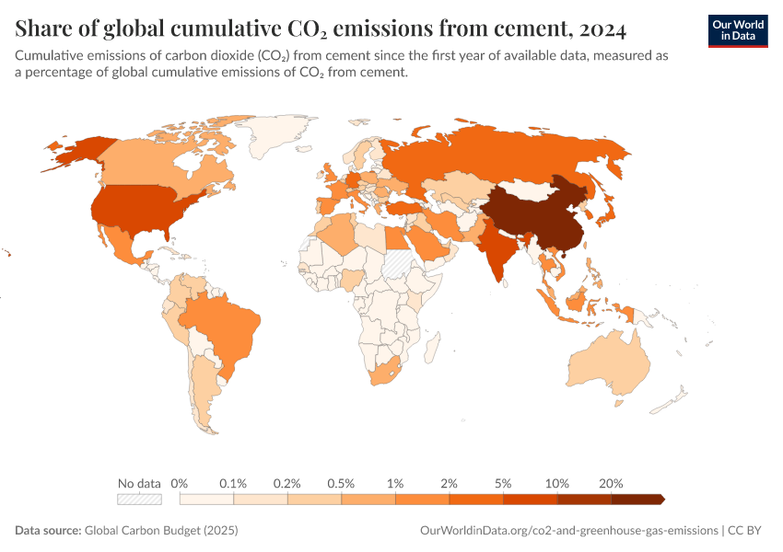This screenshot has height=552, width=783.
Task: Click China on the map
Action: [543, 216]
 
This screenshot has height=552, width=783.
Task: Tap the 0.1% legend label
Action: [234, 483]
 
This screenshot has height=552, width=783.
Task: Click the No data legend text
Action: [139, 483]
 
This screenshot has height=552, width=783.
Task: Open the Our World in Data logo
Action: [738, 29]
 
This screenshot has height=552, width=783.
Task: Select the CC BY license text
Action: [748, 531]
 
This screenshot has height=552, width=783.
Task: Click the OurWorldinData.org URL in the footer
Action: [568, 531]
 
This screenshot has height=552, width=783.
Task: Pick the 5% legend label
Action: [504, 483]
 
